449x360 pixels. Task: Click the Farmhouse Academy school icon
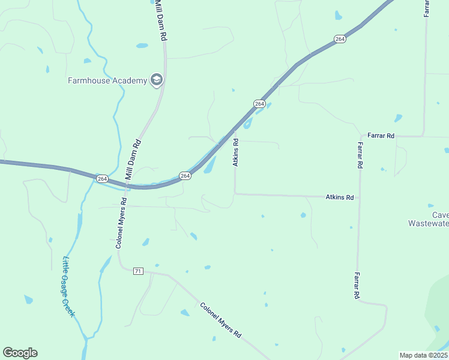157,80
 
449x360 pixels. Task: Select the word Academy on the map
131,80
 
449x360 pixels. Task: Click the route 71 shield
138,271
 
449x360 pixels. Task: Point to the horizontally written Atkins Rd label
339,197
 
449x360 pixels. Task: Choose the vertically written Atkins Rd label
236,152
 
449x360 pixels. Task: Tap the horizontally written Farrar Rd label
381,136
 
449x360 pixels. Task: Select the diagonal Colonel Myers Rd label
220,319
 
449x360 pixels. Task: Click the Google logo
20,353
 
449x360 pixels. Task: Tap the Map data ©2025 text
423,355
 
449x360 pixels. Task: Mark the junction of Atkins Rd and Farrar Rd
359,196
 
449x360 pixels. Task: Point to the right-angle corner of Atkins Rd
235,193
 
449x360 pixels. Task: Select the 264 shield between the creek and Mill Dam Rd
102,179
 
